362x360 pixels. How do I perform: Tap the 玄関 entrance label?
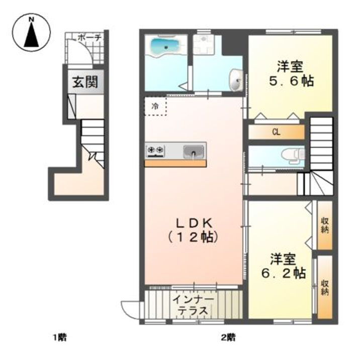point(83,82)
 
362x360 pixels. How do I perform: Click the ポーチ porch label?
point(90,37)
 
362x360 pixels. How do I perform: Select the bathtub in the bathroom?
point(164,48)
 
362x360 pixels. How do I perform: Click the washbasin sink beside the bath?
point(235,80)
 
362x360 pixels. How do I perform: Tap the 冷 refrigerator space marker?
point(155,106)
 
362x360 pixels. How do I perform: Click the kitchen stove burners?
point(155,150)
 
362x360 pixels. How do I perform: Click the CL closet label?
point(276,133)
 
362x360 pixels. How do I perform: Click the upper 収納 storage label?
point(324,225)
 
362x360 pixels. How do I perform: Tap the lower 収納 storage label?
point(324,287)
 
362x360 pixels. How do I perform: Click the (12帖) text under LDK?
point(194,236)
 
